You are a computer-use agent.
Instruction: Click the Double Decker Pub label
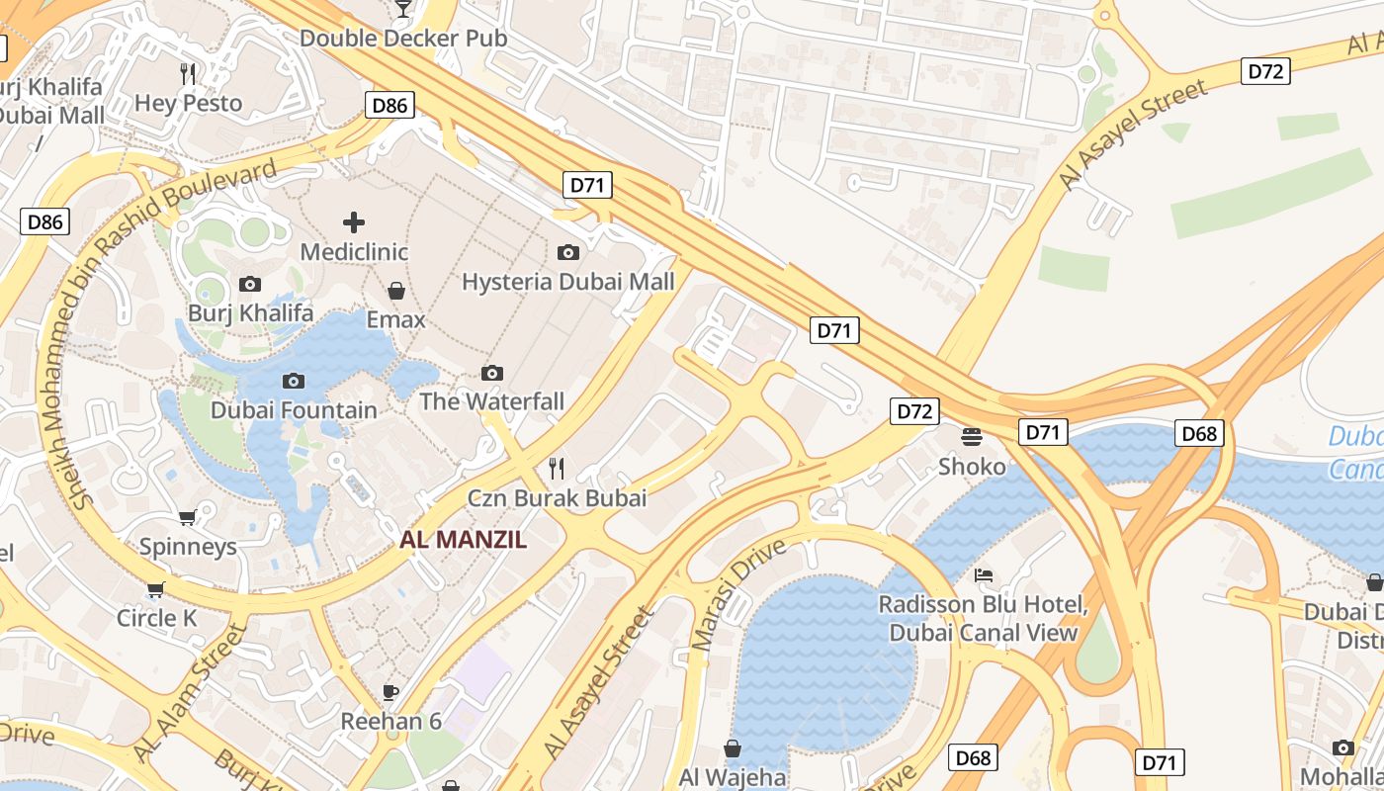[x=403, y=39]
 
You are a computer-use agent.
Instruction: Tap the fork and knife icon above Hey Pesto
[x=188, y=73]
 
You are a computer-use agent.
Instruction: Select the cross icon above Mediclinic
[x=354, y=222]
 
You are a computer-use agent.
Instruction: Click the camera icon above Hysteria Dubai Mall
[x=568, y=252]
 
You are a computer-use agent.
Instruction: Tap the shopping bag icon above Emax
[x=396, y=291]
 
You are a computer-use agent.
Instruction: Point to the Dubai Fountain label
[x=294, y=410]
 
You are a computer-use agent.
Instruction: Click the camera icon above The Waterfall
[x=492, y=373]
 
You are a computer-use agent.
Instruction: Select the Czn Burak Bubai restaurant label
[x=557, y=497]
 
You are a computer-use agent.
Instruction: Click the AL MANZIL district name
[x=463, y=540]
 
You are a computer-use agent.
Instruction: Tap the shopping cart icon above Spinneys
[x=188, y=517]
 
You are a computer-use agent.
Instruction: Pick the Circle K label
[x=156, y=619]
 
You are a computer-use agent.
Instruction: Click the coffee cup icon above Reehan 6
[x=390, y=691]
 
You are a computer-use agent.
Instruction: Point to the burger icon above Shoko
[x=972, y=437]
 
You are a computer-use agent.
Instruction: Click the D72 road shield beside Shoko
[x=914, y=411]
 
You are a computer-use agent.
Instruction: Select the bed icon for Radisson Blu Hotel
[x=984, y=575]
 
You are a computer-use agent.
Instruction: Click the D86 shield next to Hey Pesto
[x=389, y=105]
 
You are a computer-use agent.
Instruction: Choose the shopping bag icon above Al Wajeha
[x=733, y=748]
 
